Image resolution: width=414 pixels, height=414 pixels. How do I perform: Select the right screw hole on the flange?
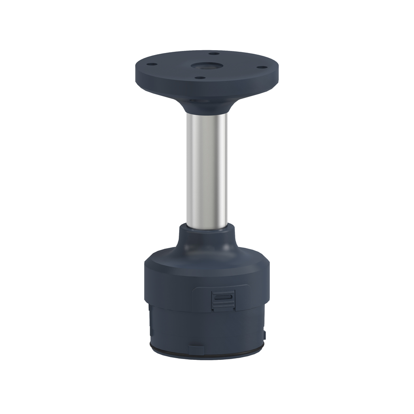click(262, 67)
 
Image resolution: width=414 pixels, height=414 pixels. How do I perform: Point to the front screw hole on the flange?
click(199, 77)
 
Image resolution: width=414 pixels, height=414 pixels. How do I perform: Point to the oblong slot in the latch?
click(223, 297)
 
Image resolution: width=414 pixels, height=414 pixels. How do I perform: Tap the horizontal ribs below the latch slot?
click(223, 305)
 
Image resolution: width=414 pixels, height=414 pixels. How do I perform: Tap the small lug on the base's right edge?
click(265, 335)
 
